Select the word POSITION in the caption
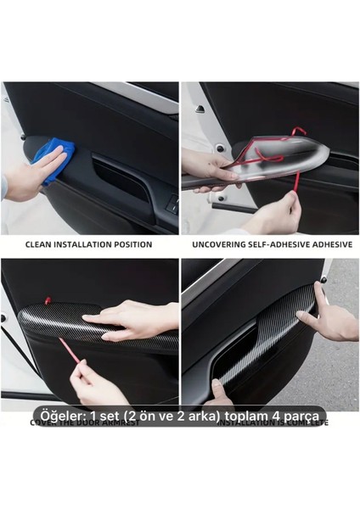pyautogui.click(x=131, y=244)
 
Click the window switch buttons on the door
pyautogui.click(x=172, y=204)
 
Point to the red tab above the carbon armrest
pyautogui.click(x=48, y=300)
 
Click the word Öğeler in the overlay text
pyautogui.click(x=59, y=416)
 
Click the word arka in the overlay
pyautogui.click(x=196, y=416)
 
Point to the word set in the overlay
pyautogui.click(x=107, y=416)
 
